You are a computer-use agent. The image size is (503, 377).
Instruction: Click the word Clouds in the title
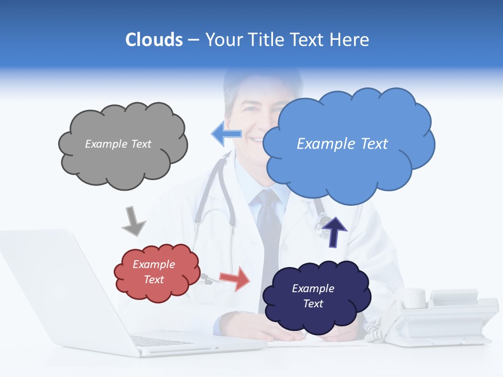pos(154,40)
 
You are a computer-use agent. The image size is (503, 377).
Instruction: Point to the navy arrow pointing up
pos(334,232)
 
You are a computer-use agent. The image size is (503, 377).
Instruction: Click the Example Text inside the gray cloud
pos(118,143)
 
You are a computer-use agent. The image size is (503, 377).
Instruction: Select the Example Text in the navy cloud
pos(313,296)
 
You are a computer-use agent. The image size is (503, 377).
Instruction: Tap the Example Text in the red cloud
pos(154,272)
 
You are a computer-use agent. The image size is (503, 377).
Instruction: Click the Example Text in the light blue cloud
pos(342,143)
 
